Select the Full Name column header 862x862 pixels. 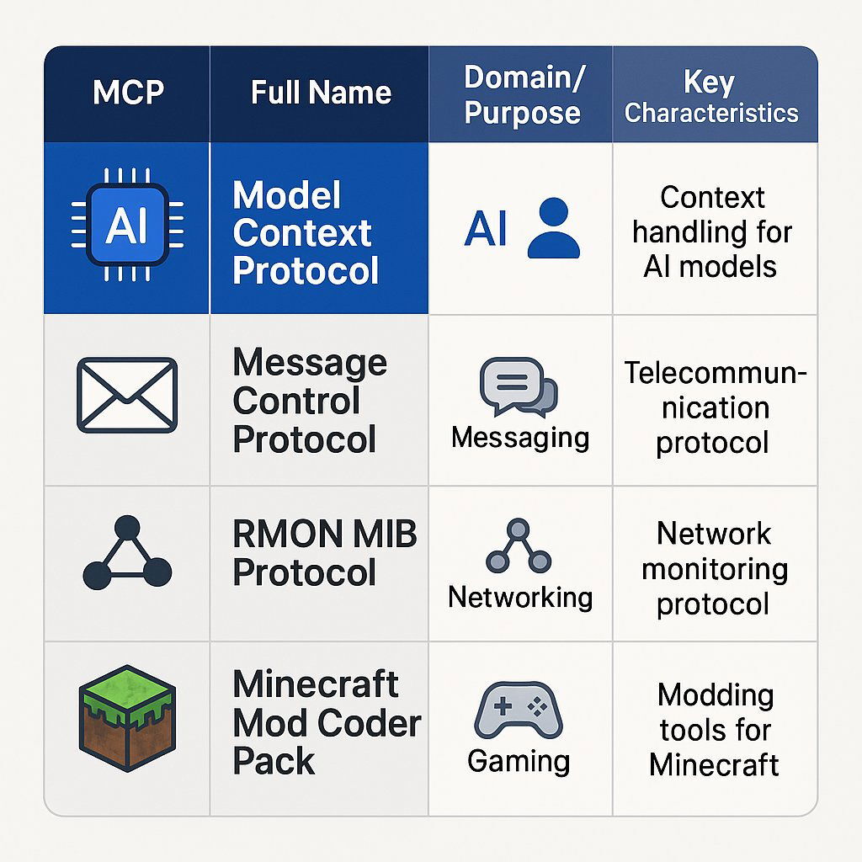point(321,93)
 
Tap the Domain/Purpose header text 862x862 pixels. point(522,94)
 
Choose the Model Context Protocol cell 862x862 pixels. point(306,233)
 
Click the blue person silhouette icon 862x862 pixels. point(553,228)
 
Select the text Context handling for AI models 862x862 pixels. point(712,231)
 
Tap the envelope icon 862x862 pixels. point(127,395)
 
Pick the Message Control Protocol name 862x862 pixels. point(309,401)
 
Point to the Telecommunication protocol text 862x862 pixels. point(714,407)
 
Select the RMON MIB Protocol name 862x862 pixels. point(324,553)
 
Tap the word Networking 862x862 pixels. point(520,597)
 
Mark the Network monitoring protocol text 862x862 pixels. point(714,568)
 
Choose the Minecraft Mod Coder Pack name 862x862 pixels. point(326,722)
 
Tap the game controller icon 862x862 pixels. point(519,709)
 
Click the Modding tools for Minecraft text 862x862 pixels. point(714,730)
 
